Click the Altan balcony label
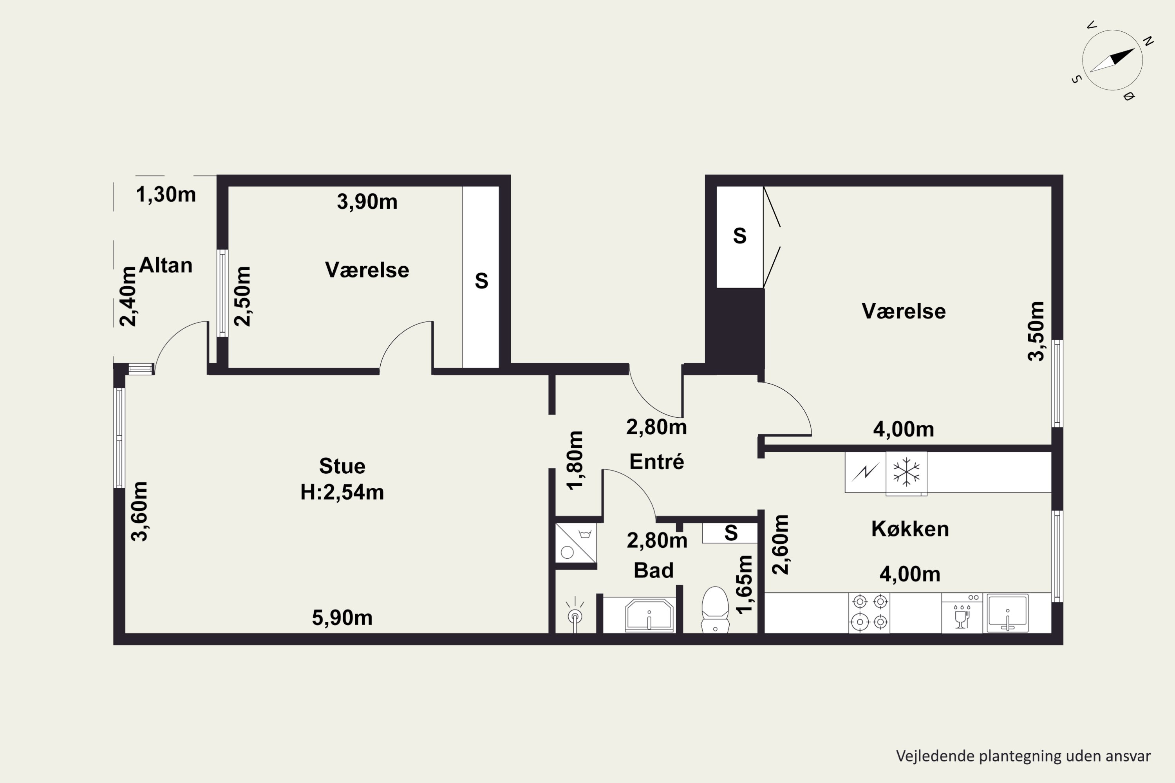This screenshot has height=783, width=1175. pyautogui.click(x=165, y=265)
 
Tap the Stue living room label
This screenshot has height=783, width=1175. pyautogui.click(x=342, y=466)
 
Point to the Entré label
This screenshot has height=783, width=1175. pyautogui.click(x=656, y=462)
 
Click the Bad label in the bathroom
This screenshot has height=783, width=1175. pyautogui.click(x=653, y=570)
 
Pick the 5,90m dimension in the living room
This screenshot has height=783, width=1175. pyautogui.click(x=342, y=618)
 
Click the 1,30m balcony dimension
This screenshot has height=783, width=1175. pyautogui.click(x=166, y=194)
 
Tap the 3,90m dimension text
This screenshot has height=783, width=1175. pyautogui.click(x=367, y=202)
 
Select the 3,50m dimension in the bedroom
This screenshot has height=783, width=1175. pyautogui.click(x=1036, y=331)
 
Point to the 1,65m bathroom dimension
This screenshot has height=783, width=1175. pyautogui.click(x=744, y=584)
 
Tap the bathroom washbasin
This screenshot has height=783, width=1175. pyautogui.click(x=649, y=615)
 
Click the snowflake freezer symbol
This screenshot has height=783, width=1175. pyautogui.click(x=906, y=473)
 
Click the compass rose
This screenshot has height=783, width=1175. pyautogui.click(x=1113, y=60)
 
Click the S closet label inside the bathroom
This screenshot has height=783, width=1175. pyautogui.click(x=731, y=533)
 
